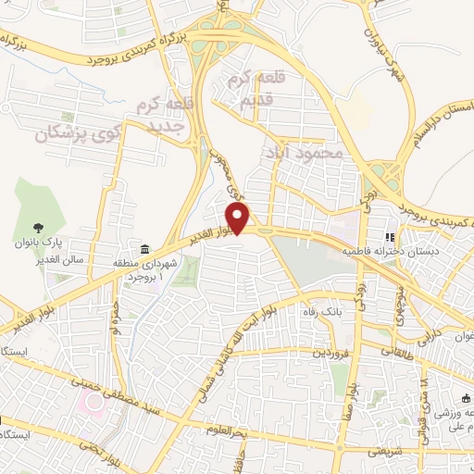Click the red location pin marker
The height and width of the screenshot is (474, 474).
coord(239,218)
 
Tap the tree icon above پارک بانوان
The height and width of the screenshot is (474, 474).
coord(38,227)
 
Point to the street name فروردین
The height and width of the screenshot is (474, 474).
coord(330,353)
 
